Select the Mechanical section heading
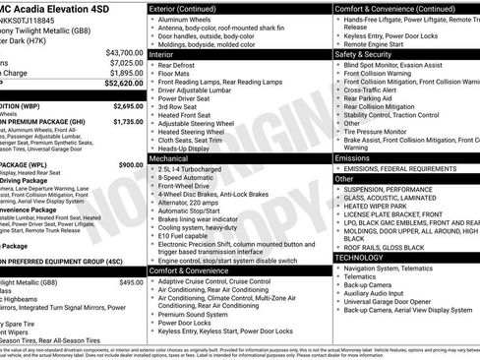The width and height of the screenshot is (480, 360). [170, 157]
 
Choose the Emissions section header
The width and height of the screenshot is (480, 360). [353, 157]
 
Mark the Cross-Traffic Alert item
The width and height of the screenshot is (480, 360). [375, 89]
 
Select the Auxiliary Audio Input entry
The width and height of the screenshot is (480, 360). [381, 292]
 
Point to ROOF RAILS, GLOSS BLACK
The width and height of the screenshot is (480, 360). [390, 247]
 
